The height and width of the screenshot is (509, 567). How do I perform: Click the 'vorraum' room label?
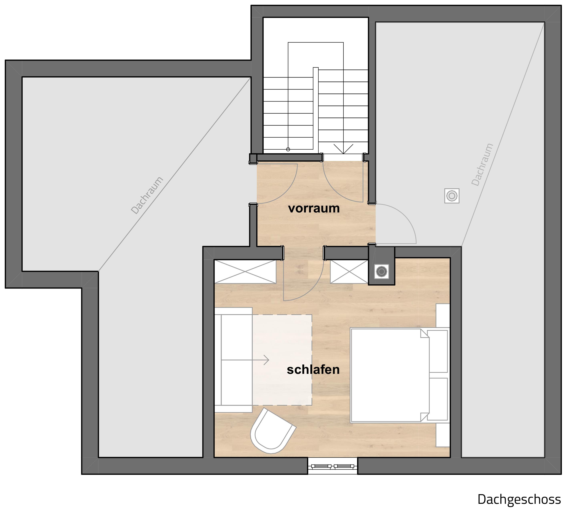tap(314, 209)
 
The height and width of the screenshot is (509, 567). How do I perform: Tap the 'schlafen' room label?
tap(313, 370)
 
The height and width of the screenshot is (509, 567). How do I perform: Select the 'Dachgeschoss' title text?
tap(519, 499)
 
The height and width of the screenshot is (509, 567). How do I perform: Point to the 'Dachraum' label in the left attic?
tap(147, 195)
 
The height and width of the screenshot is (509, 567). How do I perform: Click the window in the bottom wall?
tap(333, 466)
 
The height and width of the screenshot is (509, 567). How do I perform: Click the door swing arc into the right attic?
tap(404, 216)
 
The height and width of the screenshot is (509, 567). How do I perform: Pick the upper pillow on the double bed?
tap(437, 351)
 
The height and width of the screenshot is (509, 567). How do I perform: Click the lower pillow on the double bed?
tap(437, 399)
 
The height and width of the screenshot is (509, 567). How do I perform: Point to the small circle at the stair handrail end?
tap(288, 149)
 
